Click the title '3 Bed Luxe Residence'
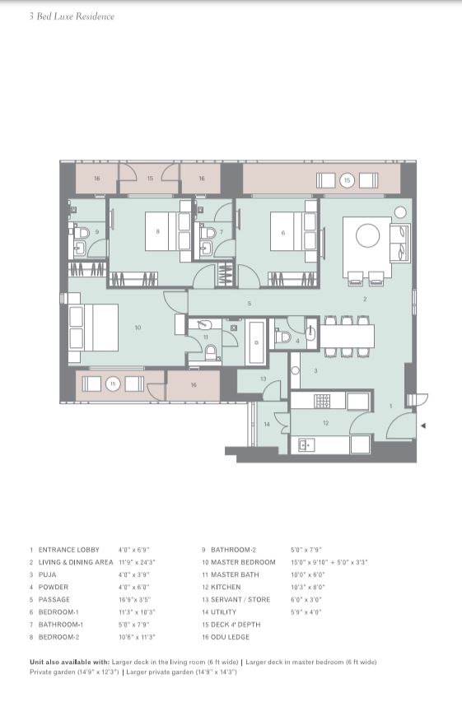(x=72, y=16)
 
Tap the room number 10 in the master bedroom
(x=138, y=328)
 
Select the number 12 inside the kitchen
(x=326, y=423)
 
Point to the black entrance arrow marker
(x=423, y=425)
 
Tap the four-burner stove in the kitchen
(x=323, y=401)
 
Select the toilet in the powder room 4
(x=283, y=337)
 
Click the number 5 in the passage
(x=249, y=304)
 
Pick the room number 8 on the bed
(x=157, y=232)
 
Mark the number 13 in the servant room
(x=264, y=379)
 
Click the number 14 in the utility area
(x=267, y=424)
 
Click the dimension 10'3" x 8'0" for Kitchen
(x=308, y=587)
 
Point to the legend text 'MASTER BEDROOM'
(x=243, y=562)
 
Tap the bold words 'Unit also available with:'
(x=69, y=662)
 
